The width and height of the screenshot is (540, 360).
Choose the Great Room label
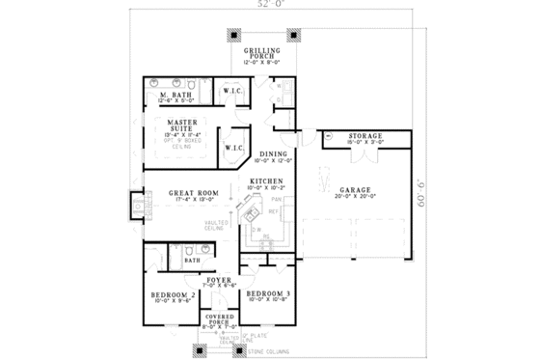193,193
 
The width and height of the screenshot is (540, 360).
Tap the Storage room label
365,136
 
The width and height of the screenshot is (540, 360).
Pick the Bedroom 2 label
174,295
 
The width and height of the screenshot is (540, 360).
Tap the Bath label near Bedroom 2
191,259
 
